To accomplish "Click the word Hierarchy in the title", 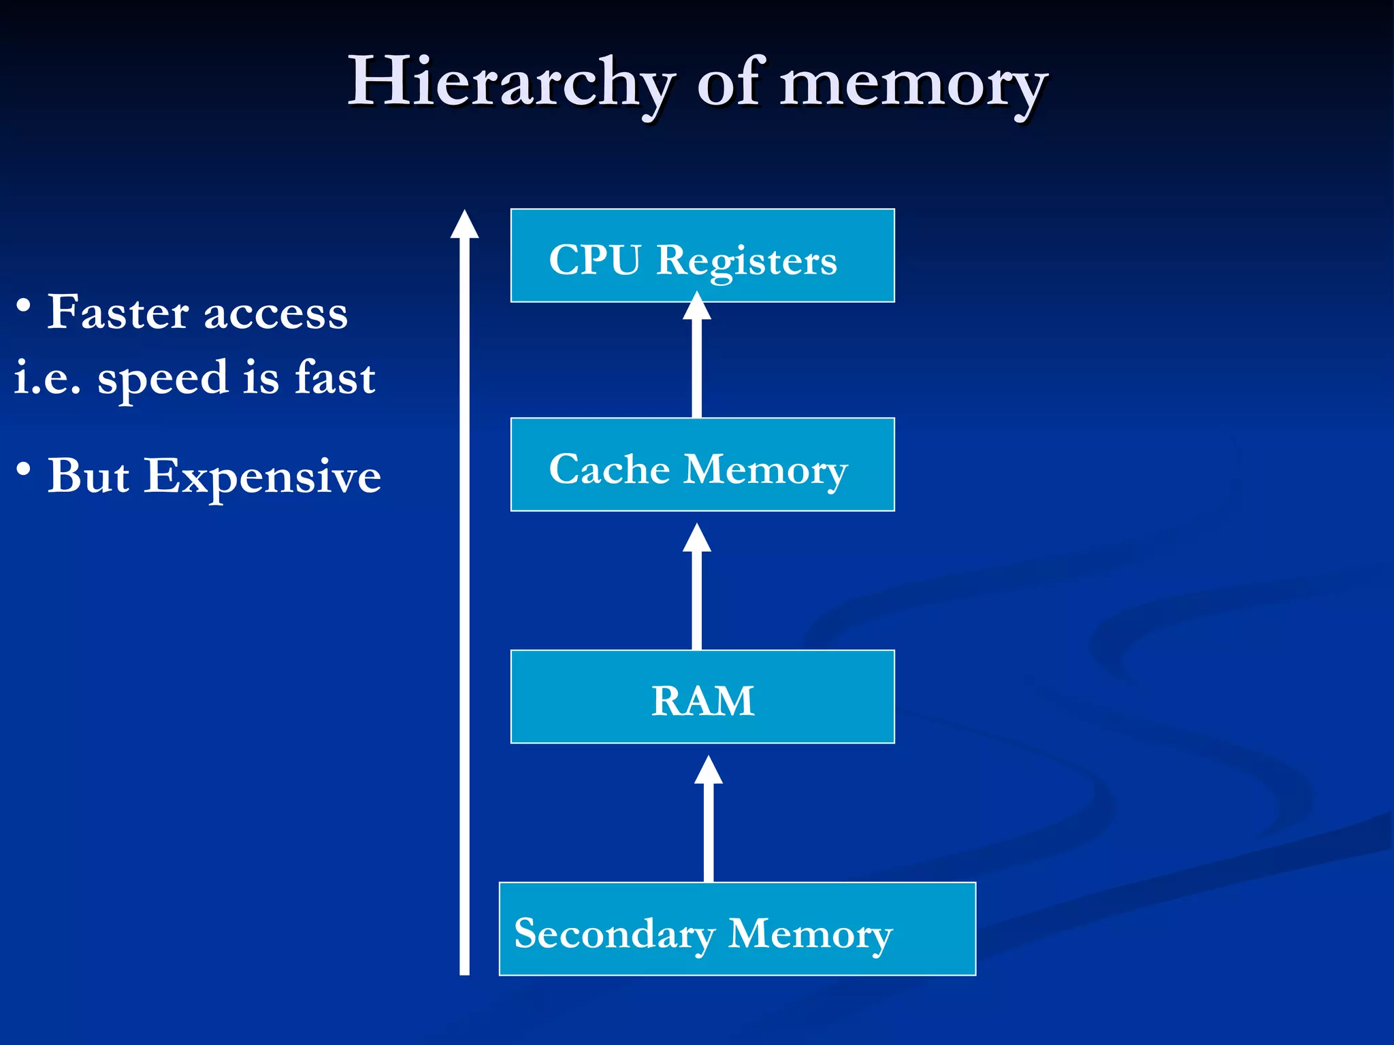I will point(510,83).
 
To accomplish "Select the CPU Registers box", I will point(702,256).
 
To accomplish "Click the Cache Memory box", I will point(702,465).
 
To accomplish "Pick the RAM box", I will point(702,697).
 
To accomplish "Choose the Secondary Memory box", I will point(737,929).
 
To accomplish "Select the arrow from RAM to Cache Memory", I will point(697,592).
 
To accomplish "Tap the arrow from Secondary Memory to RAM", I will point(709,823).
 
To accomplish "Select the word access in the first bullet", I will point(276,314).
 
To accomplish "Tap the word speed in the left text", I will point(163,379).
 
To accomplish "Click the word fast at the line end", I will point(335,378).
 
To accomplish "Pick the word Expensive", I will point(263,477).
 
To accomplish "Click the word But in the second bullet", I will point(88,476).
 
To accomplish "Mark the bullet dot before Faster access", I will point(24,305).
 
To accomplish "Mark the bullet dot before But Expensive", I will point(24,469).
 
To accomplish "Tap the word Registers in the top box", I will point(746,261).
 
